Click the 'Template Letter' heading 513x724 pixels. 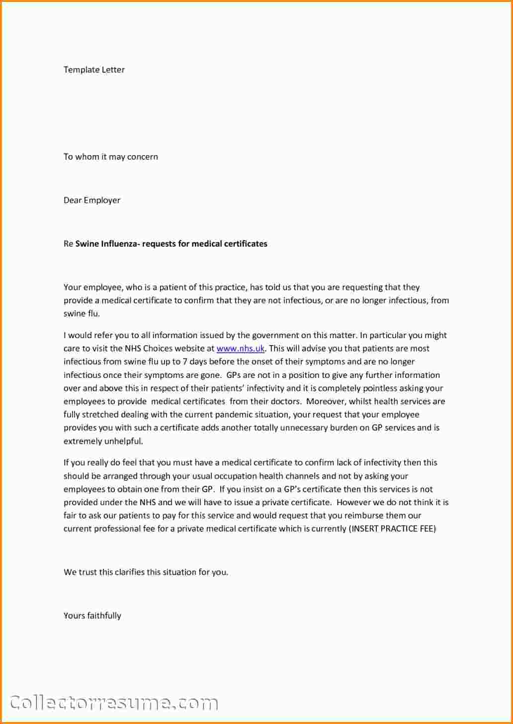[x=94, y=70]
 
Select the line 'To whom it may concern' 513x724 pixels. [x=110, y=157]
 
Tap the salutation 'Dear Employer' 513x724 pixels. [x=92, y=200]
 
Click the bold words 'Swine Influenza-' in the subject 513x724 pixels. [x=107, y=244]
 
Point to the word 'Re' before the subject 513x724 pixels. [x=68, y=244]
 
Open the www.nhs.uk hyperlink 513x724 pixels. [x=241, y=349]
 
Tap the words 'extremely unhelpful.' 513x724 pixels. [x=103, y=441]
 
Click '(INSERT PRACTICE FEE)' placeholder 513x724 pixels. [x=392, y=529]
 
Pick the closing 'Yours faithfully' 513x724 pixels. [x=92, y=616]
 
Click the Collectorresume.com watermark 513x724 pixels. [x=114, y=703]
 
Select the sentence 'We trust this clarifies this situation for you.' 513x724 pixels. [x=146, y=572]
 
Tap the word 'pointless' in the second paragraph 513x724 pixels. [x=381, y=388]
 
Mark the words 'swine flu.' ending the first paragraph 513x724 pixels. [x=82, y=314]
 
